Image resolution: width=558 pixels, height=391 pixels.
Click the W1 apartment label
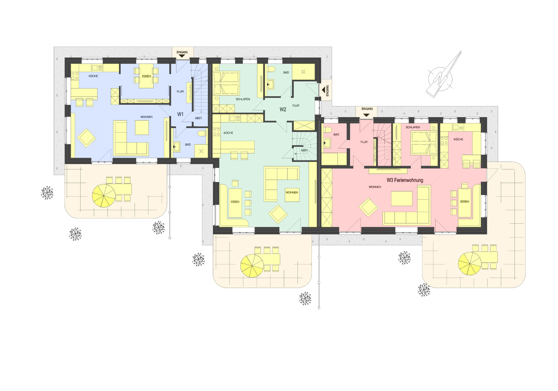click(x=180, y=114)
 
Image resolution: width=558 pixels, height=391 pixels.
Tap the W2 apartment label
click(x=283, y=109)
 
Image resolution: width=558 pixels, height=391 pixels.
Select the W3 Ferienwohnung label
click(x=405, y=180)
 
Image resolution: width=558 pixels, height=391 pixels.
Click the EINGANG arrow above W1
click(x=182, y=56)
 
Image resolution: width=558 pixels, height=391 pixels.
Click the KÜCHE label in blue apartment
click(x=93, y=76)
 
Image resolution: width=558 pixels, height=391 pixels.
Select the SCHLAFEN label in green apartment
click(x=243, y=99)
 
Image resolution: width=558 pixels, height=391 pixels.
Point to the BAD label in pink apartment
click(x=336, y=135)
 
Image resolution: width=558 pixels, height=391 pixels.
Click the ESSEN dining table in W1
click(x=147, y=76)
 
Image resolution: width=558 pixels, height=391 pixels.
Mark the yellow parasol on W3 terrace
click(x=470, y=264)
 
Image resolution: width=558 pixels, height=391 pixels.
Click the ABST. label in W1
click(x=199, y=118)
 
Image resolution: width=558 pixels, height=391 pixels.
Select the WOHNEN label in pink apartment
click(x=375, y=187)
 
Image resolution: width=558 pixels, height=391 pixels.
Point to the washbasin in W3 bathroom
click(x=327, y=142)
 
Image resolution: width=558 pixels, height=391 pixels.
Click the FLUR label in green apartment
click(x=296, y=106)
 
